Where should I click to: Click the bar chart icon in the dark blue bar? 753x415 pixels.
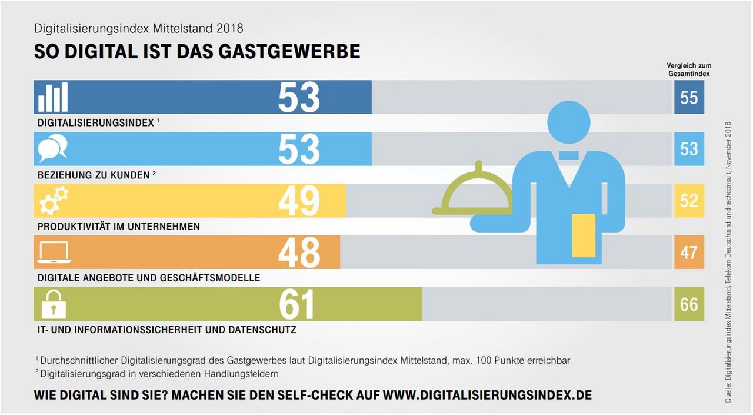(53, 97)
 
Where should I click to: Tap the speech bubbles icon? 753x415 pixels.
(53, 148)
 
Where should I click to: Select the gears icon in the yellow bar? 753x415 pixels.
(54, 200)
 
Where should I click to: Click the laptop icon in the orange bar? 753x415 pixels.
(54, 253)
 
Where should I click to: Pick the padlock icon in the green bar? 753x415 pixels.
(52, 304)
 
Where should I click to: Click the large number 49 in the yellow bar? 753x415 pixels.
(299, 201)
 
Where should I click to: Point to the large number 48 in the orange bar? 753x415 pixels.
(299, 253)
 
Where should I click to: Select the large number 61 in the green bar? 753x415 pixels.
(297, 304)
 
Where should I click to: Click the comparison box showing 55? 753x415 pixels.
(689, 97)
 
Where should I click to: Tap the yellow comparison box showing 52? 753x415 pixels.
(689, 201)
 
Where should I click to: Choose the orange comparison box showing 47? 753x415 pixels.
(689, 253)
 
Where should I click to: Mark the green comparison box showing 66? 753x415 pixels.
(689, 304)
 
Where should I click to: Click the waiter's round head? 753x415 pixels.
(568, 122)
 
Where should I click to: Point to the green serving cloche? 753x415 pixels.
(472, 191)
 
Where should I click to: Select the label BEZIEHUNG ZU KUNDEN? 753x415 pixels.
(94, 175)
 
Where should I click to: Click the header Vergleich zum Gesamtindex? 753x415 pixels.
(689, 70)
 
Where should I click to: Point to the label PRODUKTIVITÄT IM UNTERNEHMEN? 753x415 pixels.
(119, 227)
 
